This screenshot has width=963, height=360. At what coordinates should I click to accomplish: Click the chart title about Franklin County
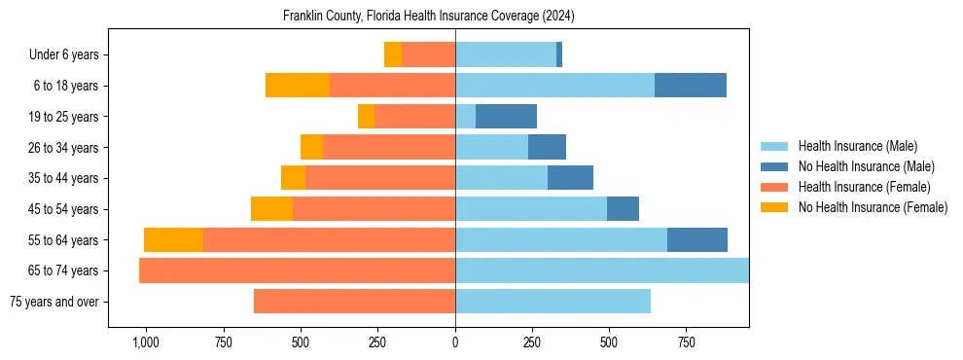click(429, 17)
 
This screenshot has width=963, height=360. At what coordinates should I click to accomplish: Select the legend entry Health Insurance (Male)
click(857, 146)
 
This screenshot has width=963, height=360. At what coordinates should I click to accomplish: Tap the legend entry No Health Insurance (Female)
click(873, 207)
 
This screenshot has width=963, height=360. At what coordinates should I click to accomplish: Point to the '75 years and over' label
click(53, 302)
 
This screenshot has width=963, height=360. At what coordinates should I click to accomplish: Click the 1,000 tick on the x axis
click(145, 342)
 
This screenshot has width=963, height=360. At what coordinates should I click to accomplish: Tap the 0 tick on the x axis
click(455, 342)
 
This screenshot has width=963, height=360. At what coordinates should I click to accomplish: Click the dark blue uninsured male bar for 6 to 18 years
click(691, 86)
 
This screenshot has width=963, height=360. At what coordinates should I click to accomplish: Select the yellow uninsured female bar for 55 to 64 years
click(173, 240)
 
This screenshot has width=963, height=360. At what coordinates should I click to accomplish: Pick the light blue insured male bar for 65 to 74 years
click(601, 270)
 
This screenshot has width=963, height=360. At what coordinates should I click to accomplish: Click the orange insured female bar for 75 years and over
click(354, 302)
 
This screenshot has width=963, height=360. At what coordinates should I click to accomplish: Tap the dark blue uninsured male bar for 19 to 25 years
click(506, 117)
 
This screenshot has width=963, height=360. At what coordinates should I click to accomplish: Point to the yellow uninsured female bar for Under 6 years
click(392, 55)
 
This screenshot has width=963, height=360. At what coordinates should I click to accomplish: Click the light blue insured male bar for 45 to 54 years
click(531, 209)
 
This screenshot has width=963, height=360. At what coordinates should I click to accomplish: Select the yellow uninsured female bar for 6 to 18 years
click(298, 86)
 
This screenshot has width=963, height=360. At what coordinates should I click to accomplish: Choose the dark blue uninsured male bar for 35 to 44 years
click(570, 178)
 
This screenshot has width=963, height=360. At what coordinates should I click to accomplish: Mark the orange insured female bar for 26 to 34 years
click(389, 148)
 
